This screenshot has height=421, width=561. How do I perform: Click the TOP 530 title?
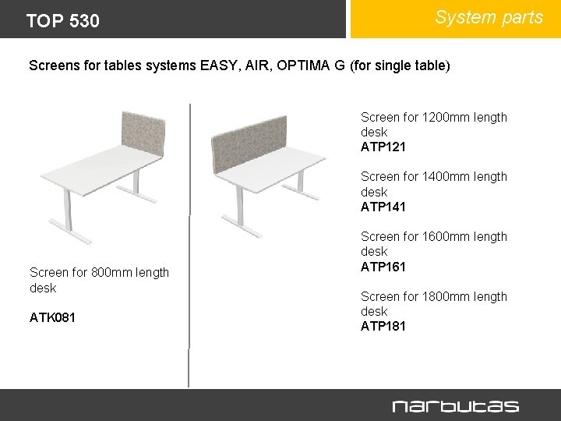point(62,21)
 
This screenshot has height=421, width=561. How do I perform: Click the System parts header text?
point(489,17)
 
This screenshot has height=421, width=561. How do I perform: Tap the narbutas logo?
point(455,405)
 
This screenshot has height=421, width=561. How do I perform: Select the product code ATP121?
point(383,147)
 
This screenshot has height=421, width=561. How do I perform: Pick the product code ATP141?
point(383,207)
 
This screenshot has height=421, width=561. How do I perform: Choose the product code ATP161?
point(383,267)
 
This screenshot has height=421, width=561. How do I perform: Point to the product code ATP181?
point(383,326)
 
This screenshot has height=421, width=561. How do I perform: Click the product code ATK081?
point(52,317)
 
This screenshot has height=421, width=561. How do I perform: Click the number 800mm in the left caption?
point(109,272)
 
